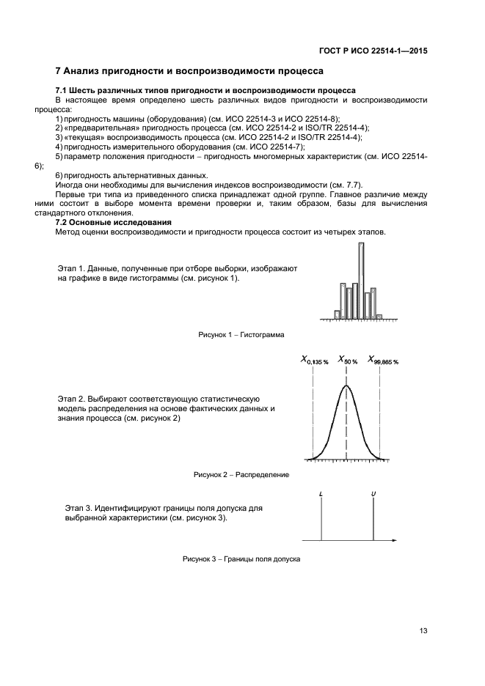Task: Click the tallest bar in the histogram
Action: (x=361, y=280)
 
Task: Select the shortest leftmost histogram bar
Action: (x=337, y=314)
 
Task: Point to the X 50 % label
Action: (x=347, y=361)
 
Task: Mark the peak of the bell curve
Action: (x=346, y=386)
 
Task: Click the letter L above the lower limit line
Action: (x=321, y=494)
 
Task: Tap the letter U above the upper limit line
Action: (x=373, y=494)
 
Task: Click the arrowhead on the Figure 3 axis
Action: (x=395, y=542)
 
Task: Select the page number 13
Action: (x=423, y=631)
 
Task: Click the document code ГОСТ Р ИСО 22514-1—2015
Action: (x=373, y=51)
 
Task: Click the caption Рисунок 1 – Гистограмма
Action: (x=241, y=334)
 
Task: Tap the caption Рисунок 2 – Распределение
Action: (x=241, y=475)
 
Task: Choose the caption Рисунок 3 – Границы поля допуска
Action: (x=241, y=560)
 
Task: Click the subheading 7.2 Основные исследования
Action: (x=114, y=222)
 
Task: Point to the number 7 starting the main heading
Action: (x=59, y=71)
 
